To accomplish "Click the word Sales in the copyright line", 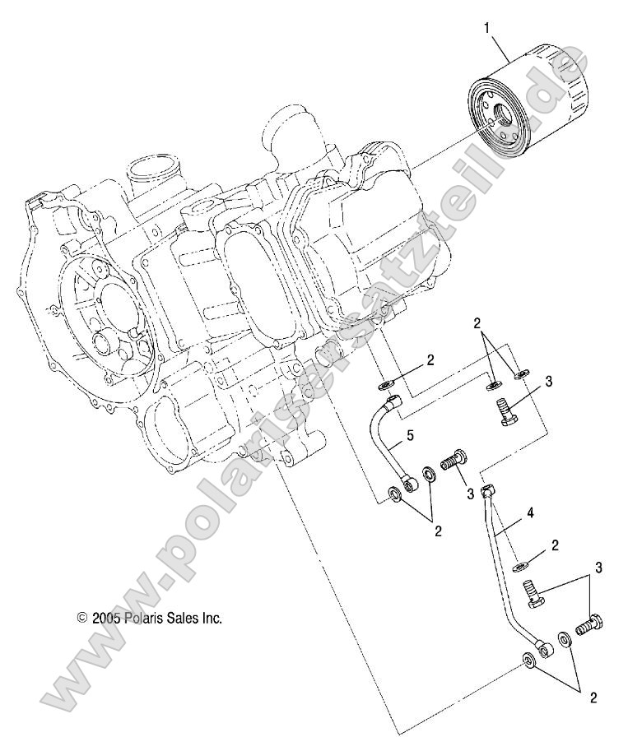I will tap(185, 617).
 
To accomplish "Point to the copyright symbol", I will tap(81, 617).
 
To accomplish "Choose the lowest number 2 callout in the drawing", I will tap(593, 698).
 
